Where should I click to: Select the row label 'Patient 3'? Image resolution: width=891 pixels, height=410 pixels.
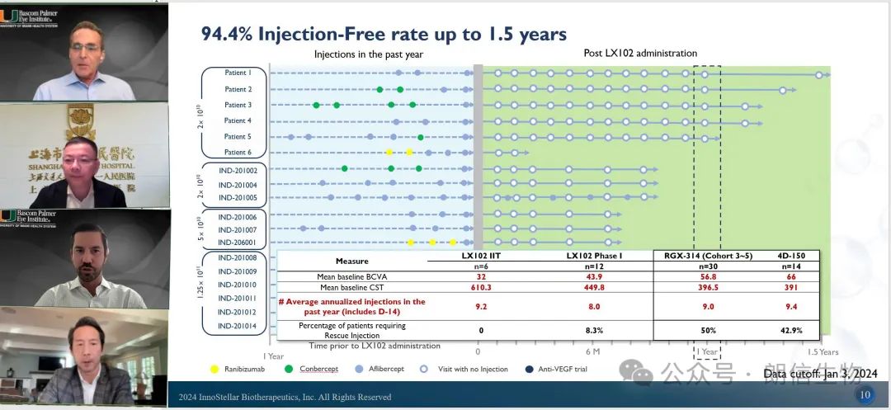pos(238,105)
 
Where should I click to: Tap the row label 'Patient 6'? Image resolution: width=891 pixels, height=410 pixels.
pos(238,153)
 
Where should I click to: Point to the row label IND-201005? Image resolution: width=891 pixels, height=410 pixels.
pos(237,198)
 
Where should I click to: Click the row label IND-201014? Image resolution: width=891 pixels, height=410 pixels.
pos(237,327)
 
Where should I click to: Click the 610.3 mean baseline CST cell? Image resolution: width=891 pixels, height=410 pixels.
pos(480,287)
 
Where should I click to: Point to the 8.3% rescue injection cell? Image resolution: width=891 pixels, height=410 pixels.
pos(594,330)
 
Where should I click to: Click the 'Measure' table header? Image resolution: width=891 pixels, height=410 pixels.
pos(352,262)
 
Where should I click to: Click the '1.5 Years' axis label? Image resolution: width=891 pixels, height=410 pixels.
pos(823,352)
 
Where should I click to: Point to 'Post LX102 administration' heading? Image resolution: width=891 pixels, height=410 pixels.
pos(639,54)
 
